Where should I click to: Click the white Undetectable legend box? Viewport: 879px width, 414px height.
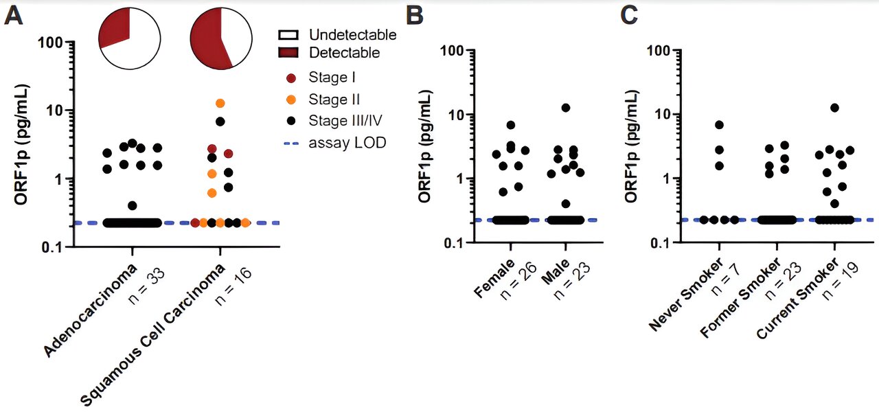pyautogui.click(x=288, y=34)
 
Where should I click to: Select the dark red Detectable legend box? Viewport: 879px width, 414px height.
pyautogui.click(x=288, y=52)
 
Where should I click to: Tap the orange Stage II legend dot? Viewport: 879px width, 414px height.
pyautogui.click(x=291, y=100)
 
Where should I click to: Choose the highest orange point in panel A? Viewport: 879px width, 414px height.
pyautogui.click(x=220, y=103)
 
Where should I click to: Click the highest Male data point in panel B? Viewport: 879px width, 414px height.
pyautogui.click(x=566, y=108)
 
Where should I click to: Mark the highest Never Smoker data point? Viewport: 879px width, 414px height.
pyautogui.click(x=719, y=125)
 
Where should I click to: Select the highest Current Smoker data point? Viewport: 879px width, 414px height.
pyautogui.click(x=834, y=108)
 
